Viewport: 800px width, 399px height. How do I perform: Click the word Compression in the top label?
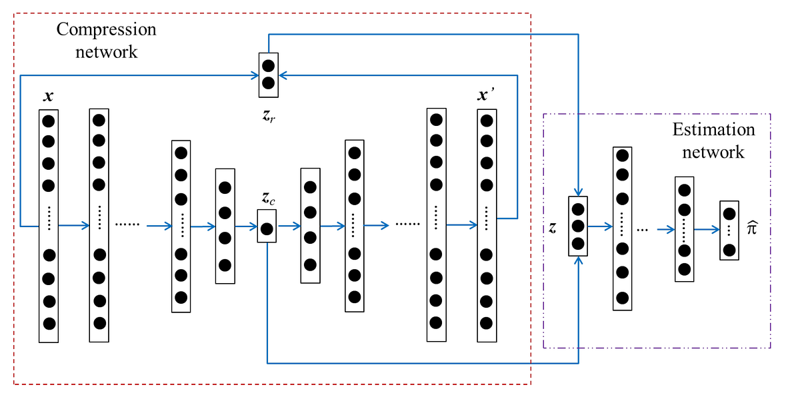(106, 30)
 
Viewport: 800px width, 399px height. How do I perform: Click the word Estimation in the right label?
(713, 130)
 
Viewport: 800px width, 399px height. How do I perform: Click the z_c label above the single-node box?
(268, 198)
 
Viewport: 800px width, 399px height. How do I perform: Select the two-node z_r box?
(269, 75)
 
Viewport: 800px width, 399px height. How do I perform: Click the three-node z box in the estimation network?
(578, 226)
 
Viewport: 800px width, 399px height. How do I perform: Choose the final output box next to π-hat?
(729, 230)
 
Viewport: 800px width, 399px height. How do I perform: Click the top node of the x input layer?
(48, 121)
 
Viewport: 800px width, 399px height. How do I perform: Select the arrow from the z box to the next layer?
(600, 226)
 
